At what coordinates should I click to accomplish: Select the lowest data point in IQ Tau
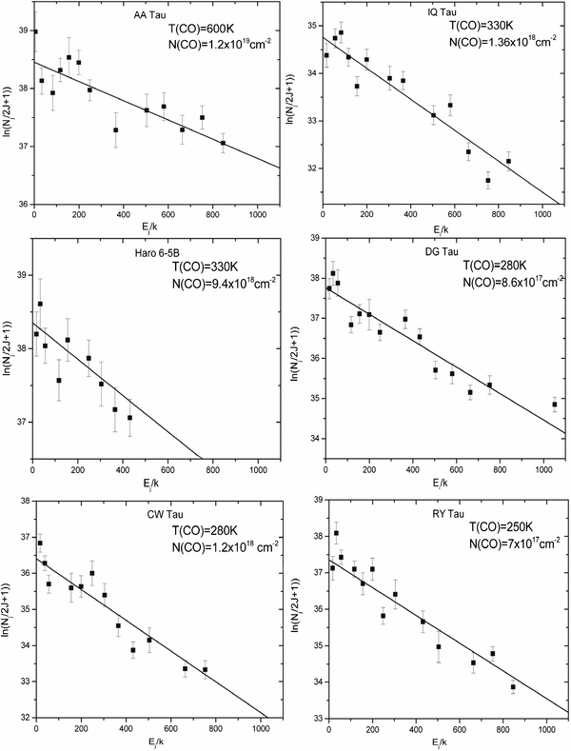click(x=487, y=180)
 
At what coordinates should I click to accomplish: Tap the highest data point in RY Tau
click(x=336, y=533)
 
